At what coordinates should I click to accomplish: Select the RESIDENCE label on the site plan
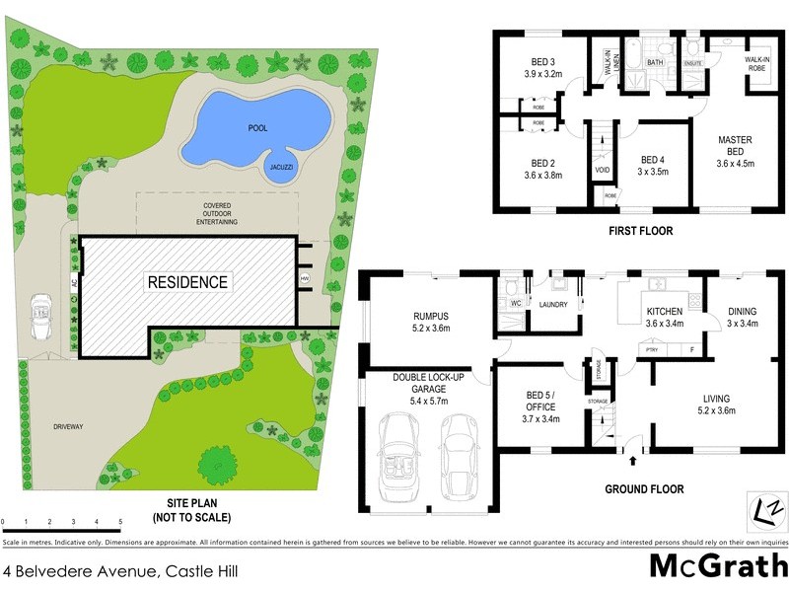pos(187,282)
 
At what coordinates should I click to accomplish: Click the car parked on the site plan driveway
pos(42,316)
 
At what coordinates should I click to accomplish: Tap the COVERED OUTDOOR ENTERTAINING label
pos(215,213)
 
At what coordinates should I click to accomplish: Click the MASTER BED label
pos(735,146)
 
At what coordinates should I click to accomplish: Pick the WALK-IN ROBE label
pos(757,64)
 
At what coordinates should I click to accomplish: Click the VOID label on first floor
pos(602,170)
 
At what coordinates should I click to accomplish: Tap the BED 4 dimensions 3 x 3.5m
pos(653,172)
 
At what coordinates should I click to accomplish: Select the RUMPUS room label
pos(429,317)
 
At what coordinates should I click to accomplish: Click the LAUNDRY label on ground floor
pos(552,305)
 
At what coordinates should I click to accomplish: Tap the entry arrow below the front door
pos(631,459)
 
